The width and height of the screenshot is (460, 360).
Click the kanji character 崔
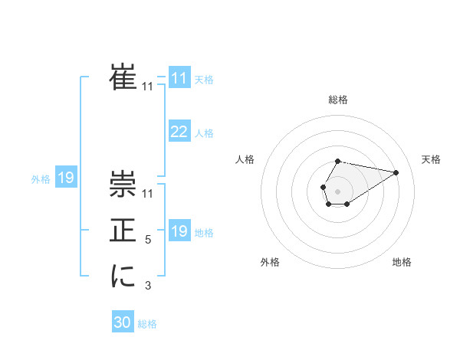[123, 77]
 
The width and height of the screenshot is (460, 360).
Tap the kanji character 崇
[123, 184]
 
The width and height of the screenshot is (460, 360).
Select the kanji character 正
[123, 231]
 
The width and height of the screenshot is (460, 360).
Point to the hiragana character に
[123, 277]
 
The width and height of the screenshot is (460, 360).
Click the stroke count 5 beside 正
[149, 240]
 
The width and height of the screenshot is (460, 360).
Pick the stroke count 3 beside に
[149, 286]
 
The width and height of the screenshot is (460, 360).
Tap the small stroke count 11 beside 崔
[148, 87]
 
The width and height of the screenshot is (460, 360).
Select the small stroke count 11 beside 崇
[148, 193]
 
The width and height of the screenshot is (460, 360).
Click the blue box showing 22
[179, 132]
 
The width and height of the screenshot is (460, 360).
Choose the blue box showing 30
[123, 322]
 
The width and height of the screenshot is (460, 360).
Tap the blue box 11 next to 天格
[179, 78]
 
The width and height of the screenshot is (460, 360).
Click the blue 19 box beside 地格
[179, 231]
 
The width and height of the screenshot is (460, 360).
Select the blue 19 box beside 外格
[65, 178]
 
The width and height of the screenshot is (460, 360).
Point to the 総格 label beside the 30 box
[147, 324]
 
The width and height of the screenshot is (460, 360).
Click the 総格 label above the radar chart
[338, 100]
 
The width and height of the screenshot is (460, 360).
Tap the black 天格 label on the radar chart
[432, 159]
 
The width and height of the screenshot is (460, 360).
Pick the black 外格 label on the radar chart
[269, 262]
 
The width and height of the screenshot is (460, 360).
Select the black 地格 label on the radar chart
[402, 262]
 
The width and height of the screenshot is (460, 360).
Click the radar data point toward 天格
[396, 172]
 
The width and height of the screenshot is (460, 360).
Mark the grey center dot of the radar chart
[337, 190]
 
